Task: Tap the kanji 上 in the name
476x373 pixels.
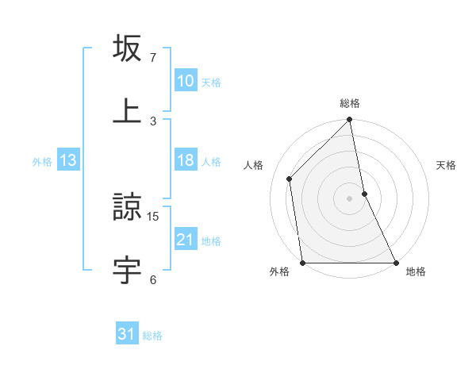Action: coord(128,110)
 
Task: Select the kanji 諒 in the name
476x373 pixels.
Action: coord(128,207)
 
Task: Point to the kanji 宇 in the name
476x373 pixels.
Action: coord(128,269)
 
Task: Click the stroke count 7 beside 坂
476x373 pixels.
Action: coord(153,58)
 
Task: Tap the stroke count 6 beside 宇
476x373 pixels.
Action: coord(153,279)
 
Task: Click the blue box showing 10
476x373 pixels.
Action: coord(185,81)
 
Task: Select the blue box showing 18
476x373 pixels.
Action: coord(185,160)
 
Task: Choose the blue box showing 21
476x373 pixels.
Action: coord(185,240)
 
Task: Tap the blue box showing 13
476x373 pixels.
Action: coord(68,160)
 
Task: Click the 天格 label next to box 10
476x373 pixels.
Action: coord(211,82)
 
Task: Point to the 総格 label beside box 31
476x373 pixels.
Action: coord(152,336)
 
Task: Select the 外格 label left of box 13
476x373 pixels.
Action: coord(42,162)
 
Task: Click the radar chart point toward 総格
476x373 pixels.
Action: coord(350,121)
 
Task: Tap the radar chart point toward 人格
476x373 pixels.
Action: coord(290,179)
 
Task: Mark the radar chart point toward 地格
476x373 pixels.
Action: coord(395,263)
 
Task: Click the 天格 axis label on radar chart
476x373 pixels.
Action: coord(446,165)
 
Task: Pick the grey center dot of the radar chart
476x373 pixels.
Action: coord(350,198)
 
